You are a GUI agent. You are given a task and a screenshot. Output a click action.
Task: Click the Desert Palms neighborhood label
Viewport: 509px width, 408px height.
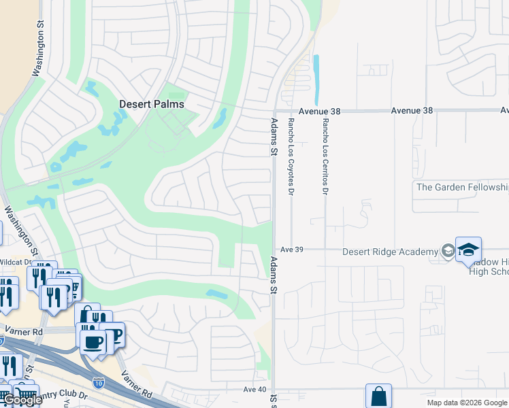152,104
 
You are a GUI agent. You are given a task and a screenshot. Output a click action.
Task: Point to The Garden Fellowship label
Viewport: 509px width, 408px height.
461,187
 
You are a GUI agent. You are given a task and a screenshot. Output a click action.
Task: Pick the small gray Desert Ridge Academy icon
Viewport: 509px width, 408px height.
447,251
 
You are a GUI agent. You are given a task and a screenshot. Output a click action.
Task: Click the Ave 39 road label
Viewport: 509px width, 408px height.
291,250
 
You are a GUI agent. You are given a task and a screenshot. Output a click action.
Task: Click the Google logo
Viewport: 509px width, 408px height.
22,400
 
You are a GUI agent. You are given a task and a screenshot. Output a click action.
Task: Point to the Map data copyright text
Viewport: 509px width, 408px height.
467,403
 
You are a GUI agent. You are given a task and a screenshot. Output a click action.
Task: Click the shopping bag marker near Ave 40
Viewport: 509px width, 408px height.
378,396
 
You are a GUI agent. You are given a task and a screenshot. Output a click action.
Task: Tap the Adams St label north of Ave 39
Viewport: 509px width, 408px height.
274,137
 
